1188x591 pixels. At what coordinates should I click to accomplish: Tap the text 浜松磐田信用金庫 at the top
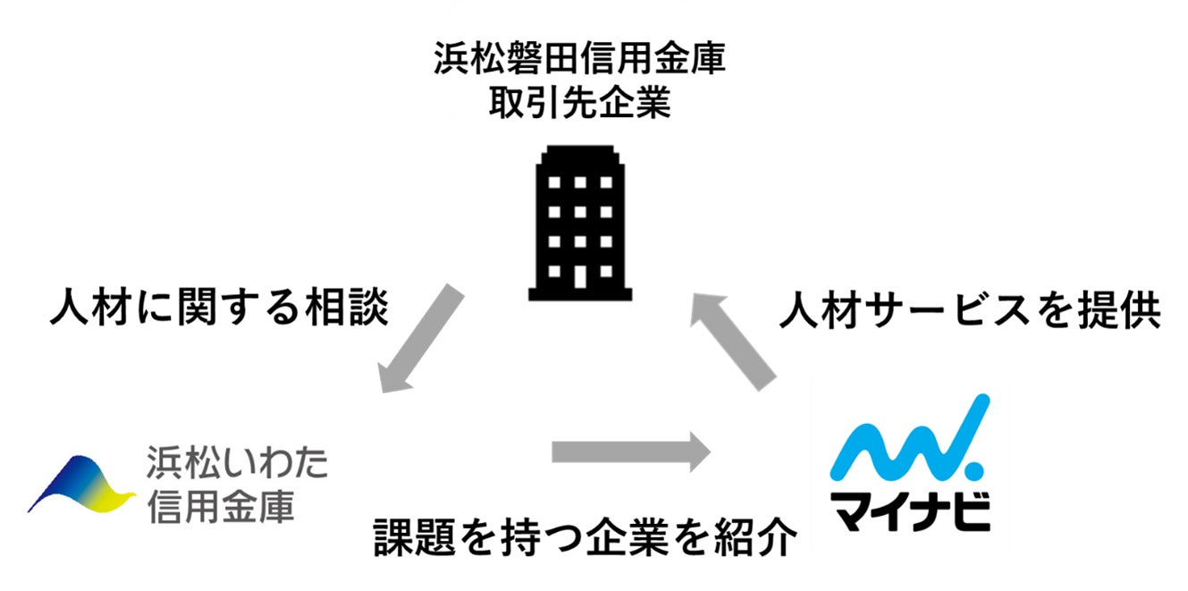579,61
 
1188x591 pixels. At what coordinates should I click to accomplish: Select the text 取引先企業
579,105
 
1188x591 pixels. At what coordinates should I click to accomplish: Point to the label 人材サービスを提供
970,312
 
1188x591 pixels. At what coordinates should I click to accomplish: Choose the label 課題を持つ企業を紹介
585,536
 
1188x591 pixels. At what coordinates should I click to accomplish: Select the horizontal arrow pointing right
630,451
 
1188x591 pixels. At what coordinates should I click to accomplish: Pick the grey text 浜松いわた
237,464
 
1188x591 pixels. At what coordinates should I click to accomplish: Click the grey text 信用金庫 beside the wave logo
220,507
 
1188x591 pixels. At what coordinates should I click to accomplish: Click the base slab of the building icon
580,292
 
